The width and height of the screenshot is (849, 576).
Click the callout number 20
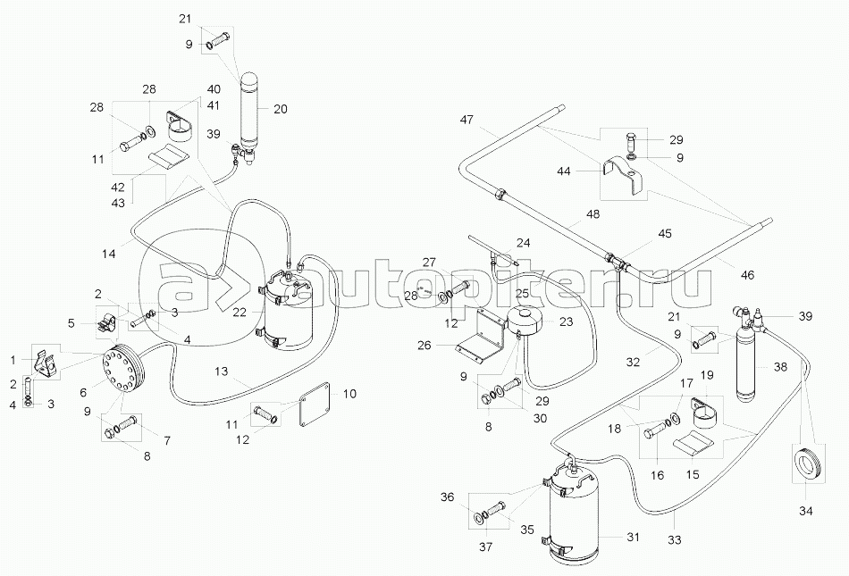[280, 109]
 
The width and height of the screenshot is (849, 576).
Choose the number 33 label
[674, 539]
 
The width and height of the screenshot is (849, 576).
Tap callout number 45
[665, 234]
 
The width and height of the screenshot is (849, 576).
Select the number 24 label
[523, 242]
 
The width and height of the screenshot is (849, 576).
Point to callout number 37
[488, 546]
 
